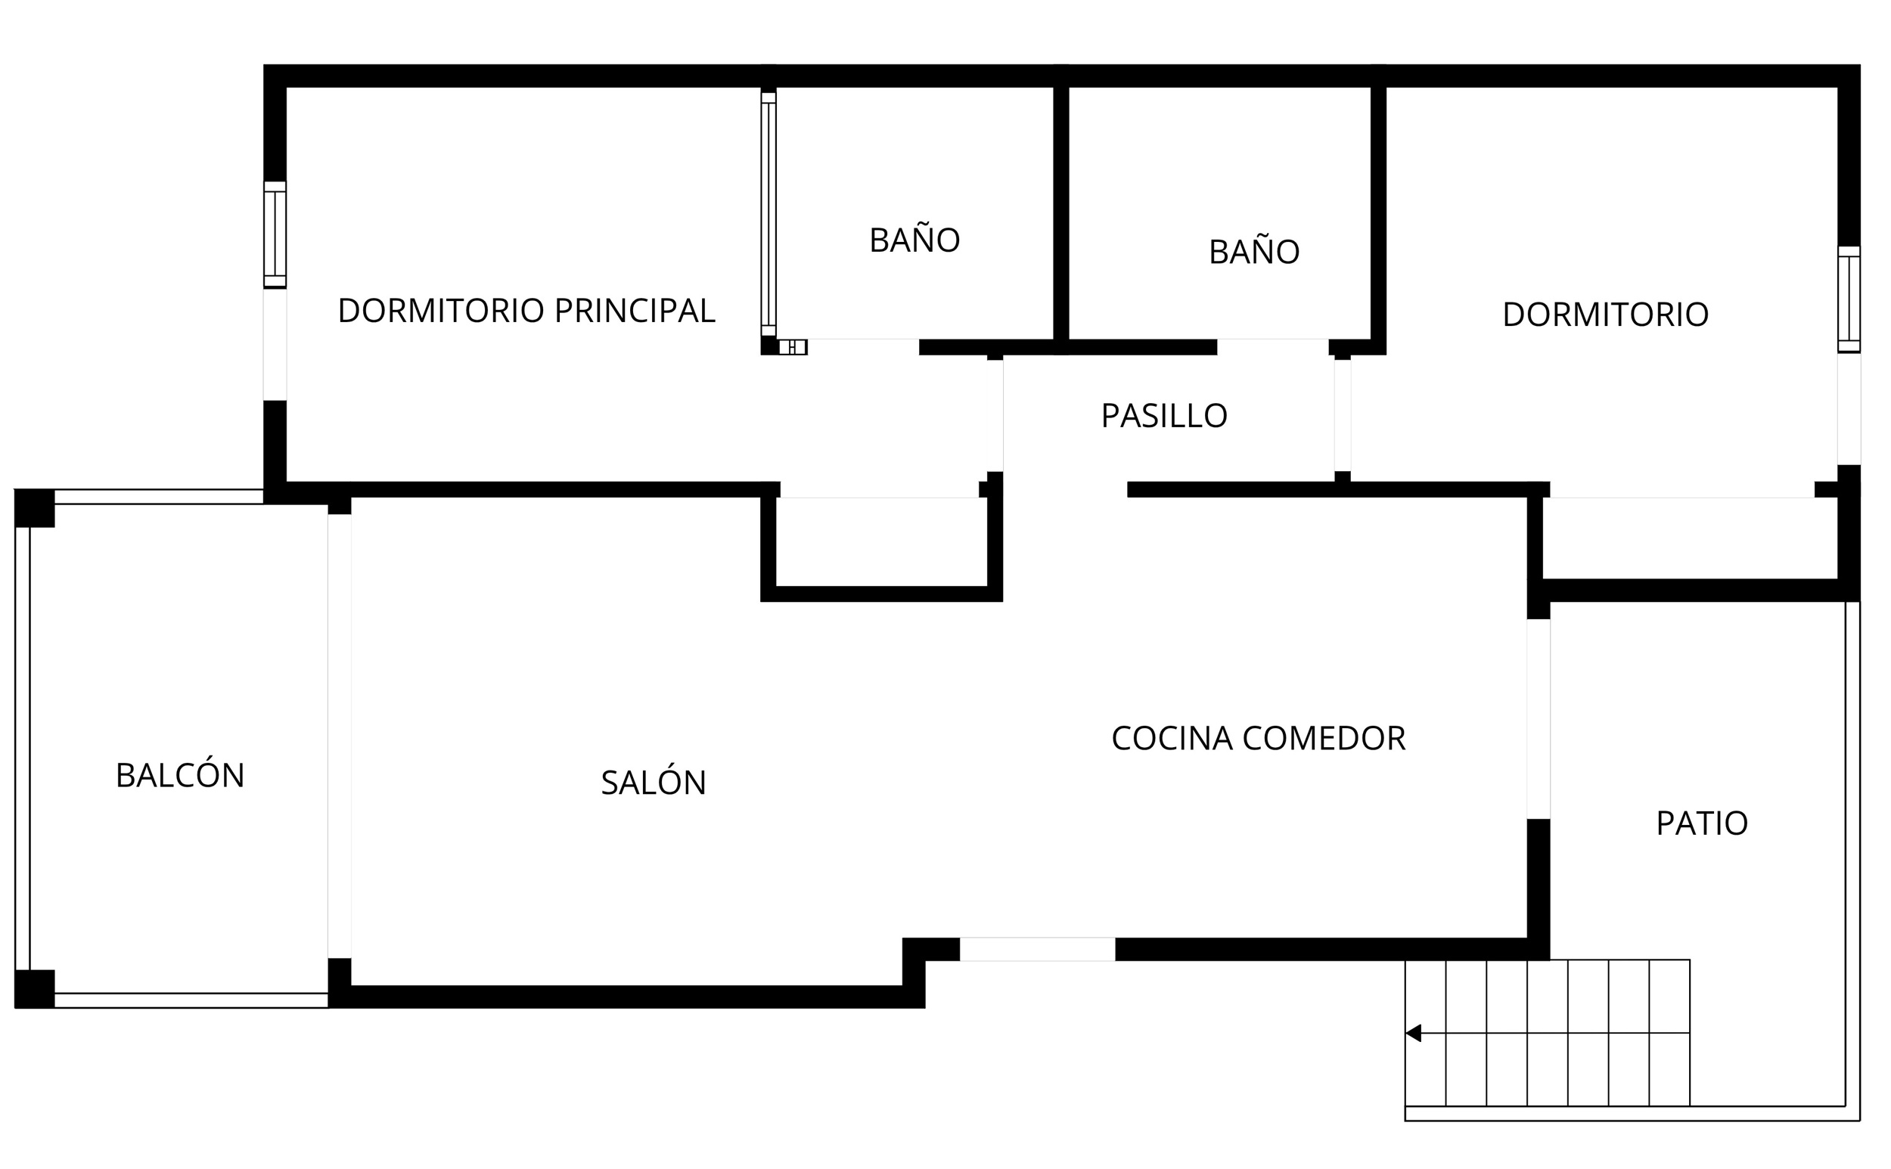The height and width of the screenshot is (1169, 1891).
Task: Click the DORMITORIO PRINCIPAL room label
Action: pos(526,311)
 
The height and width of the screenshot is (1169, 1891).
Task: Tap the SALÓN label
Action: pos(654,782)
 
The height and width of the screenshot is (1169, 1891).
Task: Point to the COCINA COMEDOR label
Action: pos(1259,738)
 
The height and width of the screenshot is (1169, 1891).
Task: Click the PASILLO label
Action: pos(1164,416)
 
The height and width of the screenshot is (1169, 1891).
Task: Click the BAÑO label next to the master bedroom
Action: pos(915,240)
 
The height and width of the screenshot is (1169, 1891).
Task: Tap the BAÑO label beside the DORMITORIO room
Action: pos(1253,251)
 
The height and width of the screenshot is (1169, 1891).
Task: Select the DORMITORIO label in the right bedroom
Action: pos(1606,314)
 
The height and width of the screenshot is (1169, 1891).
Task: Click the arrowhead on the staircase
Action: pos(1413,1033)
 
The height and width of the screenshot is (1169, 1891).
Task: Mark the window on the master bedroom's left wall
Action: pos(275,234)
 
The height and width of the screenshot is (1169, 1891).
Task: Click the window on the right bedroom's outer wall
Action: pos(1849,299)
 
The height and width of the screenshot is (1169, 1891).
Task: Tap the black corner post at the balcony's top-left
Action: pos(35,508)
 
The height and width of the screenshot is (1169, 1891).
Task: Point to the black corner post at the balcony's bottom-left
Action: pos(35,989)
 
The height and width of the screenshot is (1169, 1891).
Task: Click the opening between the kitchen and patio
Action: pos(1539,718)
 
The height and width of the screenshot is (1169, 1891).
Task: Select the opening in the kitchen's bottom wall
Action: pos(1037,949)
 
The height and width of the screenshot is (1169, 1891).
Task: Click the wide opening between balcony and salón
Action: pos(340,736)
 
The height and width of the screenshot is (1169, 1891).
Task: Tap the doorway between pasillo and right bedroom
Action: pos(1343,415)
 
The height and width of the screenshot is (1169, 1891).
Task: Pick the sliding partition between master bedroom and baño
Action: pos(769,214)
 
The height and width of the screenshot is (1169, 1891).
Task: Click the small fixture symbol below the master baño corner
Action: pos(793,347)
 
